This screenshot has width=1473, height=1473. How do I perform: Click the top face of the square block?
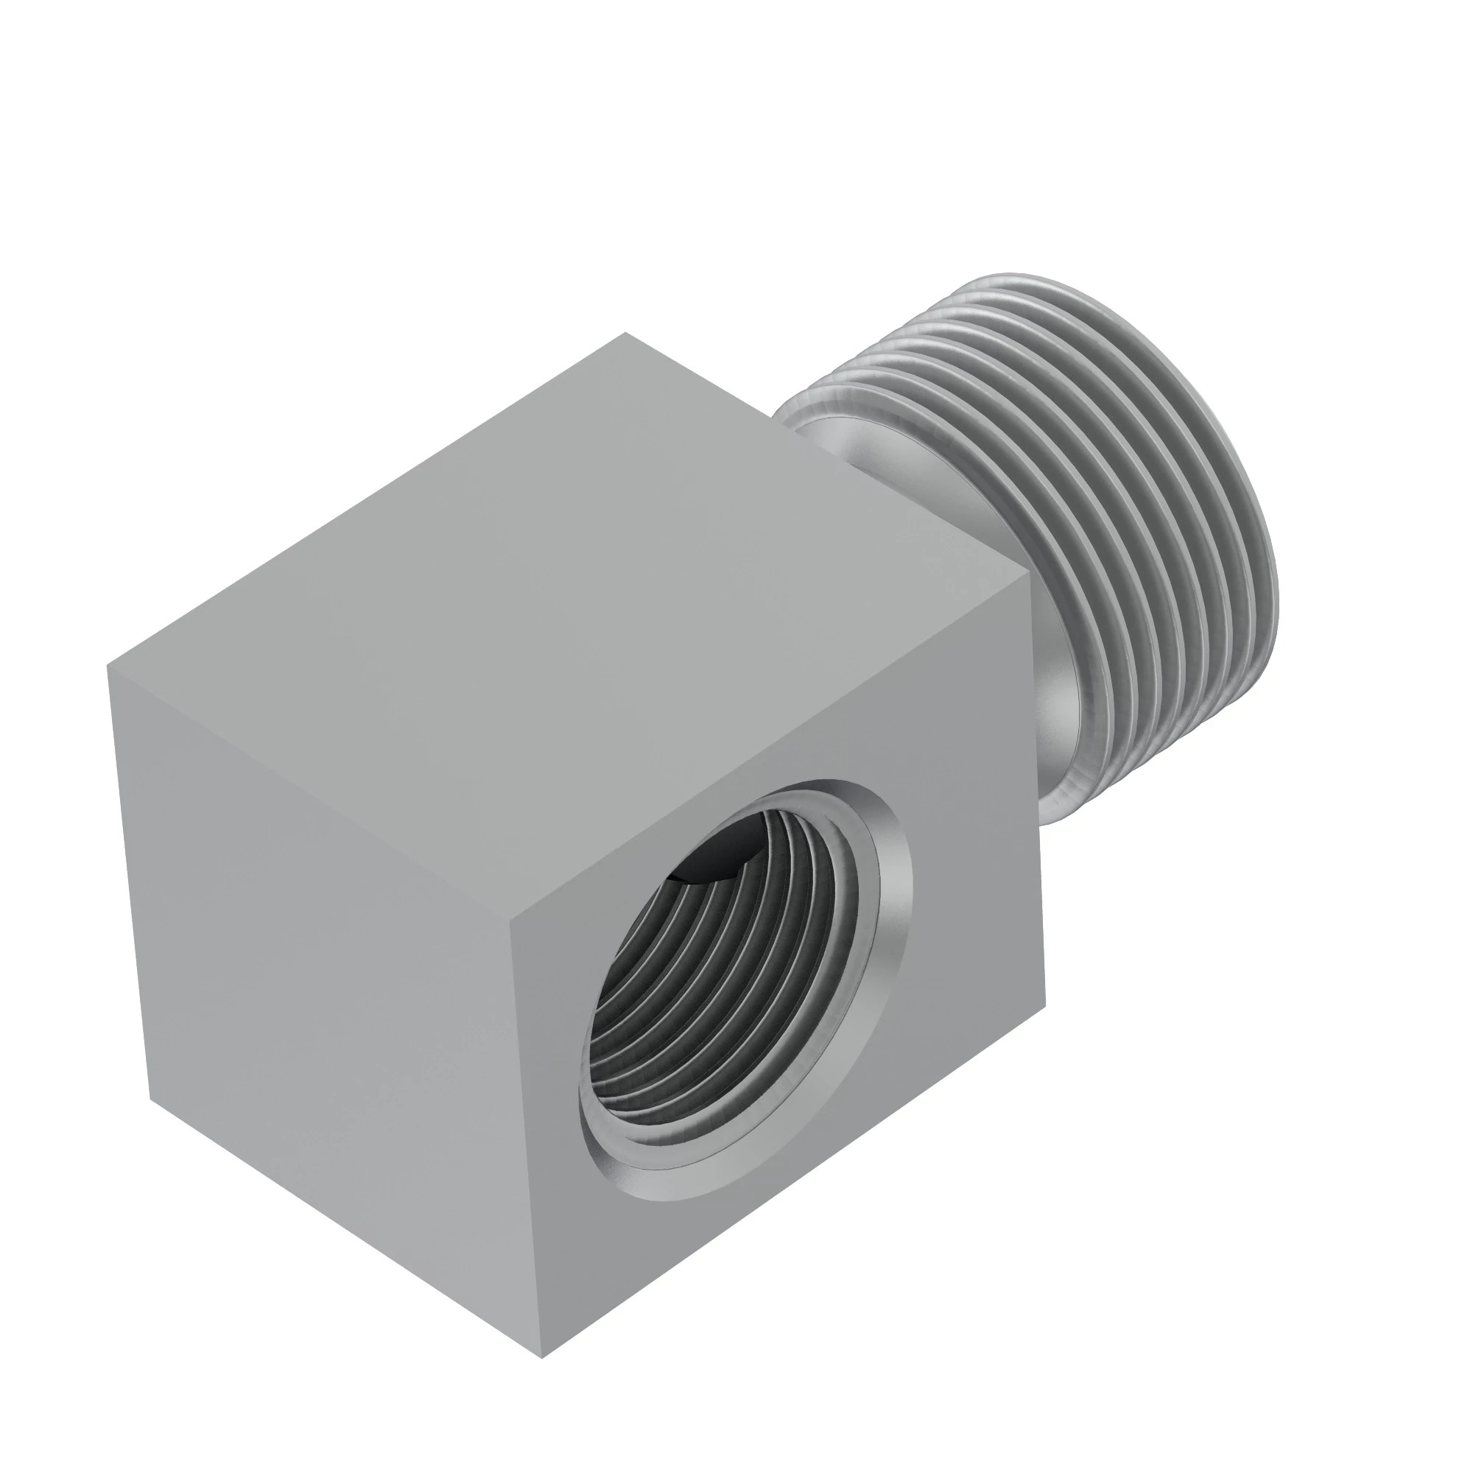pos(572,633)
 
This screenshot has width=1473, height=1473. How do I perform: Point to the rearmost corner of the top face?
pos(625,332)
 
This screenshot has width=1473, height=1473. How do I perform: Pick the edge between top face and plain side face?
pos(305,793)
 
